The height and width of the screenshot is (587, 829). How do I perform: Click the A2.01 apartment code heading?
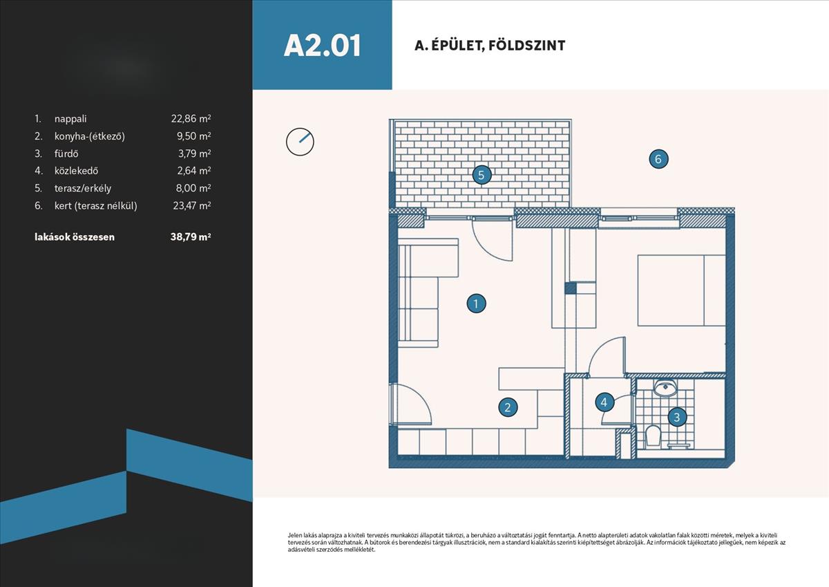point(322,46)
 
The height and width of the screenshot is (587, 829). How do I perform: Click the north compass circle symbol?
point(300,142)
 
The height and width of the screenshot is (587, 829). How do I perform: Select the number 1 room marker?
point(476,304)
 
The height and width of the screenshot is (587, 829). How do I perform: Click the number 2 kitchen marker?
point(508,407)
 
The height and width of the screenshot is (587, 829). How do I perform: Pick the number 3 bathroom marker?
point(677,417)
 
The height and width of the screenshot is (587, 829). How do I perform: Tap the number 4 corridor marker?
point(604,402)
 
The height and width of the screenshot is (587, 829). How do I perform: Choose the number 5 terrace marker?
point(482,175)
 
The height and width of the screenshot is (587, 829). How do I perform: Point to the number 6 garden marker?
point(658,159)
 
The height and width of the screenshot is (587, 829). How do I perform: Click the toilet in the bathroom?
point(652,436)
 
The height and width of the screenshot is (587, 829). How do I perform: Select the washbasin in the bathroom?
point(665,388)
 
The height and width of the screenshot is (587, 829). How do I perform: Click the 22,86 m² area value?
point(191,118)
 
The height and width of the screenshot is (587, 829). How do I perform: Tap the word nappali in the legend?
point(70,119)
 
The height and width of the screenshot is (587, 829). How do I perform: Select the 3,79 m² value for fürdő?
point(195,153)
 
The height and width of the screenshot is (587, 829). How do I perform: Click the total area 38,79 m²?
point(191,236)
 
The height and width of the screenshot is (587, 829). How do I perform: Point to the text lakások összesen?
point(75,236)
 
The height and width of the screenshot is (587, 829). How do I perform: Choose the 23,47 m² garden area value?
point(192,205)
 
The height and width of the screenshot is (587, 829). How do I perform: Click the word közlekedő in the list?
point(76,170)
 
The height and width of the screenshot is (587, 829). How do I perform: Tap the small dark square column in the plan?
point(571,288)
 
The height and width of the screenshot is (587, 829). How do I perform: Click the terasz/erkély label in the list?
point(83,188)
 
